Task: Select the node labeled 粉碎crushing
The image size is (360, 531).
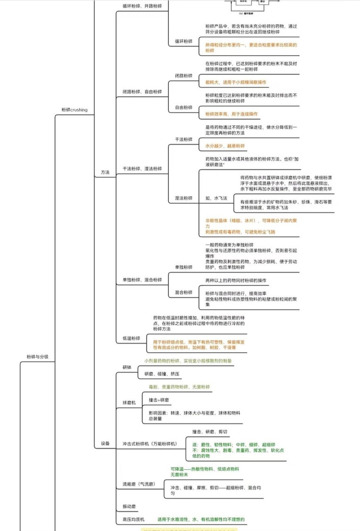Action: point(74,110)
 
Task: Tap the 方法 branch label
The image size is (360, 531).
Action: point(105,172)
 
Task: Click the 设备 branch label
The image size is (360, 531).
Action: point(105,443)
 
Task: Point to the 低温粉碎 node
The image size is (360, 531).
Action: point(131,338)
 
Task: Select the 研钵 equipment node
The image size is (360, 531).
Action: point(127,368)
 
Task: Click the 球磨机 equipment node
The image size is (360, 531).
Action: point(129,403)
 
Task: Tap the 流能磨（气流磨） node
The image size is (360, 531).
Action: point(139,484)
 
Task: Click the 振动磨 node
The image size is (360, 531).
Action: point(129,507)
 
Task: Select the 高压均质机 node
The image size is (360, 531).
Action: point(134,519)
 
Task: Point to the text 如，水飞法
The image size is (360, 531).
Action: point(216,198)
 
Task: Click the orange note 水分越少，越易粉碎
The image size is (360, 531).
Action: point(225,146)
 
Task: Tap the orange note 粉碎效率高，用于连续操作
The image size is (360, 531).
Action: point(231,114)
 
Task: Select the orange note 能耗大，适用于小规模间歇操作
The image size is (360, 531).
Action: point(236,83)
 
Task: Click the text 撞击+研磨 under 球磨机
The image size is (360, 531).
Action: point(158,400)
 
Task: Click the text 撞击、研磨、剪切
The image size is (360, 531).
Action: point(209,432)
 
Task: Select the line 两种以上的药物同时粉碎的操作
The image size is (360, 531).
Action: point(236,280)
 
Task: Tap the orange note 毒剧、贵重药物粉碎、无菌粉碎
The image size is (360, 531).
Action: point(179,387)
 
